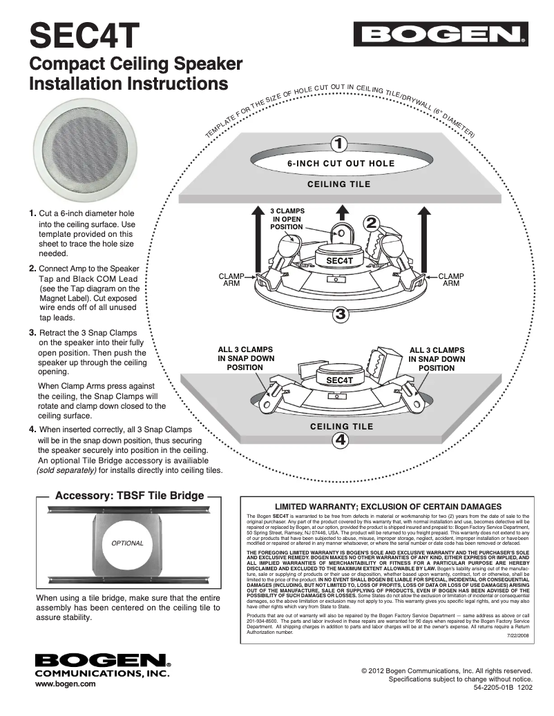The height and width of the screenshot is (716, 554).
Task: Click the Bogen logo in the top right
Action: point(441,34)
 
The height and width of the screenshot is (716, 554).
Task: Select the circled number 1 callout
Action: point(339,144)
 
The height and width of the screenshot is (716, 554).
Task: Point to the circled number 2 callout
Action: point(371,223)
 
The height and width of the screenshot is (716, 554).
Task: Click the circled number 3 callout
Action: point(340,315)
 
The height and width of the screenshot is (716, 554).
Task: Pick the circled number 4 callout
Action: point(340,440)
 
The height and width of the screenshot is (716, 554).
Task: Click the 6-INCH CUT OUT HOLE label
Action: point(341,164)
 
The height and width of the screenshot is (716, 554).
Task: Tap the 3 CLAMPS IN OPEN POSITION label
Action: point(287,218)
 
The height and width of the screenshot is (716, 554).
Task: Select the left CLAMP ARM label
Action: point(231,279)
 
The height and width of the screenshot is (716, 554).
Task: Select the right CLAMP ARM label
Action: point(451,279)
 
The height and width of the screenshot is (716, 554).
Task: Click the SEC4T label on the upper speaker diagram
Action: point(339,260)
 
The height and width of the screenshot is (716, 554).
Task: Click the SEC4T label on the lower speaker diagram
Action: point(339,380)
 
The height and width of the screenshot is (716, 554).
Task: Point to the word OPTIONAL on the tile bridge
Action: point(127,543)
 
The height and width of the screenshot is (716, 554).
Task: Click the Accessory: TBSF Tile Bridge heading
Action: point(129,495)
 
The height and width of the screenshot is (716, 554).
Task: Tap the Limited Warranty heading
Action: point(388,507)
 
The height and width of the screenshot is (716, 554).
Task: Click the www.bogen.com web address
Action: point(66,684)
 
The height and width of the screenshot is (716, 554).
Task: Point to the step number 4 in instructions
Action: point(32,429)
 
